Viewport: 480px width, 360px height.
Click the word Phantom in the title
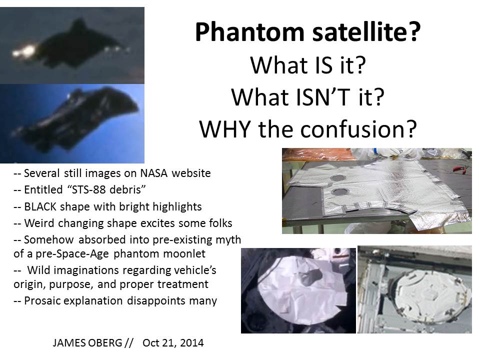click(x=249, y=32)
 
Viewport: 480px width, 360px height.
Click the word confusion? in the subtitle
click(x=358, y=129)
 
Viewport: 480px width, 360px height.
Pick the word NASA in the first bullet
click(x=154, y=173)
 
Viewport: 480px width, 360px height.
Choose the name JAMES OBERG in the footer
click(x=87, y=343)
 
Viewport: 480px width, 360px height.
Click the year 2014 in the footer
click(x=192, y=343)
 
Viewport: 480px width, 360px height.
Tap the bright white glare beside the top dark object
click(x=25, y=51)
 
